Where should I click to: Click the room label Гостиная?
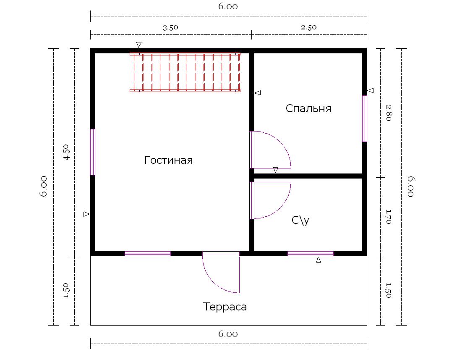168,160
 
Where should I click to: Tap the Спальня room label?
308,108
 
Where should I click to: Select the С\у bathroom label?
300,220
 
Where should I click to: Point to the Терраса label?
225,307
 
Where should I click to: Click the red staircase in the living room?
185,72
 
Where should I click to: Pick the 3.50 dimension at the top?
170,28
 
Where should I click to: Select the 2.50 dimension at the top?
308,27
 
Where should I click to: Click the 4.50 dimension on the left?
67,152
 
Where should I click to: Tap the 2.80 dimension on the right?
389,113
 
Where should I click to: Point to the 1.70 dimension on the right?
388,217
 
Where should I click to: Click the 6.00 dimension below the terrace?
228,334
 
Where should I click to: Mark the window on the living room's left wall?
93,152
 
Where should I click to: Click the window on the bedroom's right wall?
365,118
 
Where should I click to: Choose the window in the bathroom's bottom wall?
311,254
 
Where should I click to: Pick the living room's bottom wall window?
148,254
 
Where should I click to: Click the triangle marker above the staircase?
139,45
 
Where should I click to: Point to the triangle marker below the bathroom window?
319,260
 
